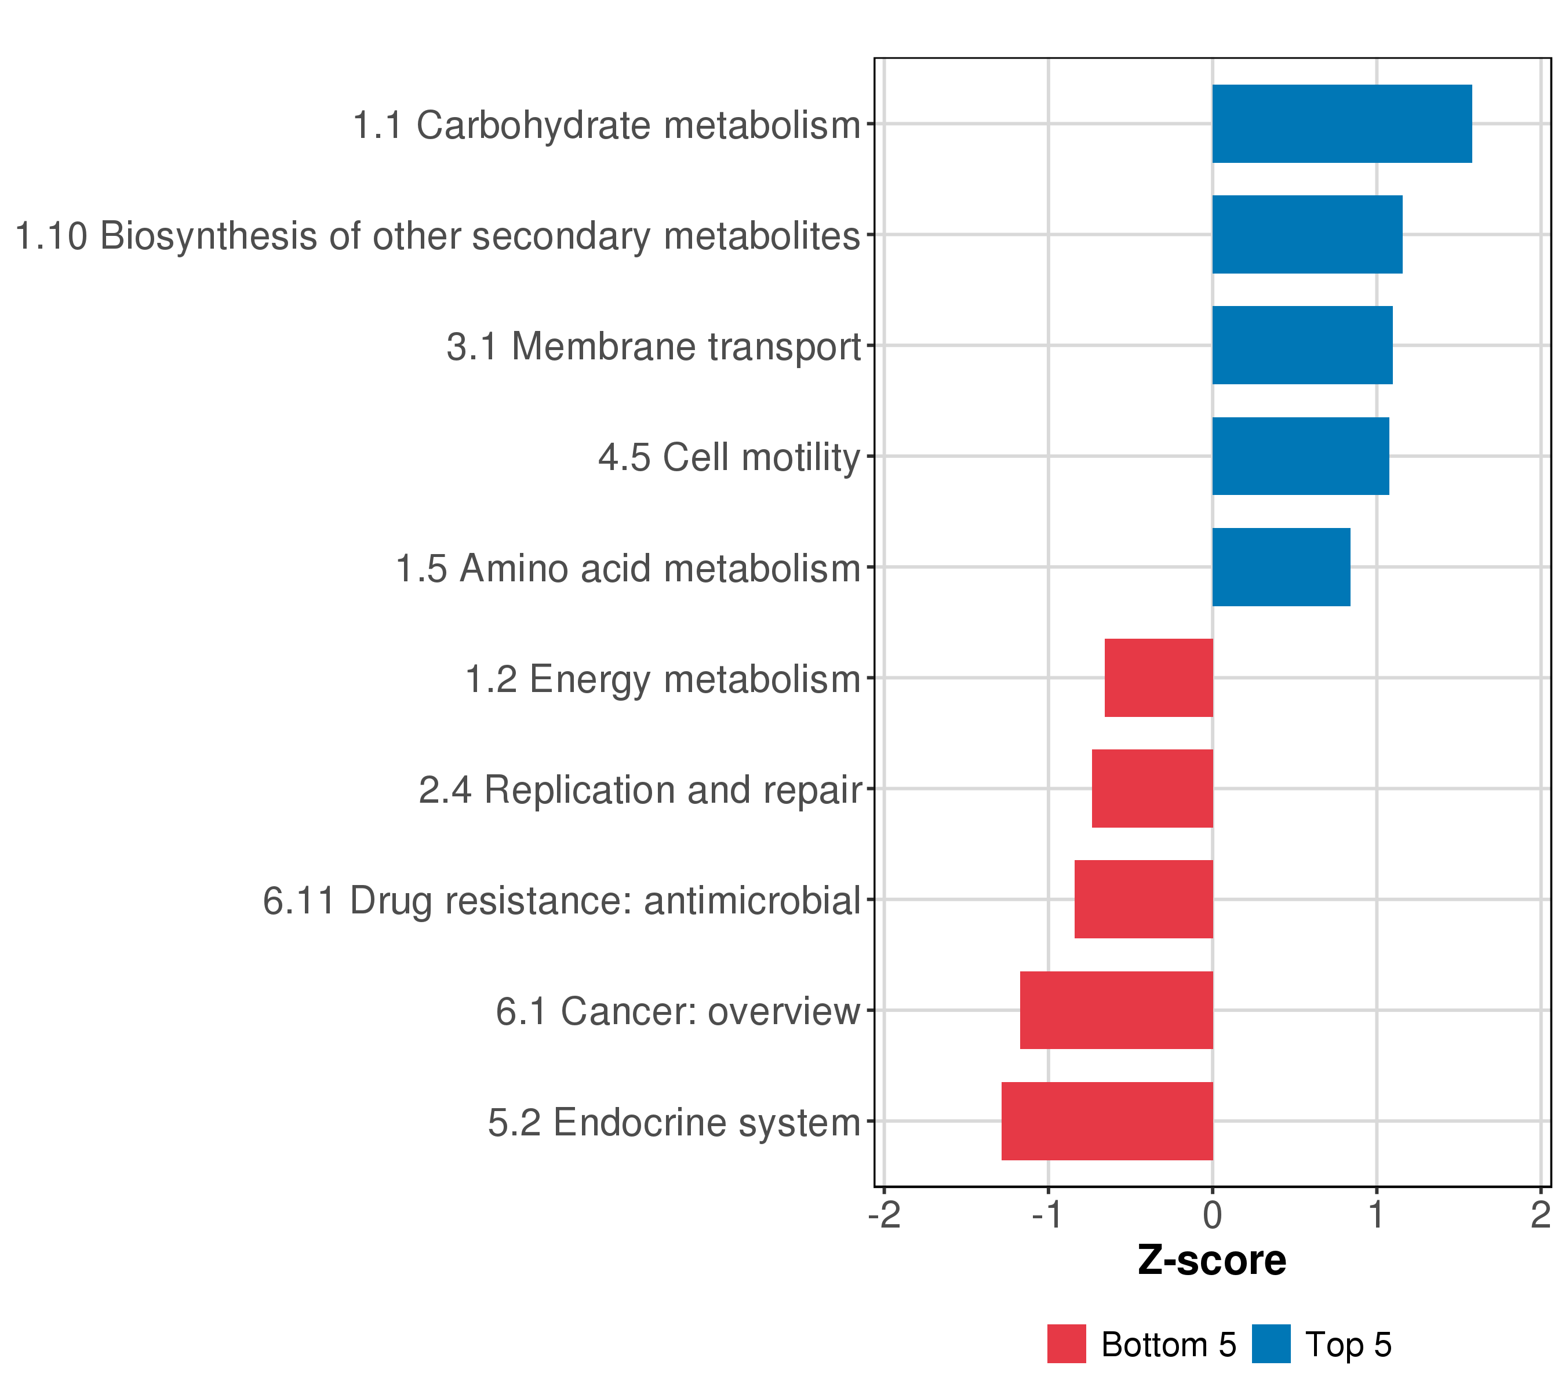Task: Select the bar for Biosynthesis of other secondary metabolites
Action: click(1307, 234)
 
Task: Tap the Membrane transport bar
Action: click(1302, 345)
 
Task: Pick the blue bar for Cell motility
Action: click(1301, 456)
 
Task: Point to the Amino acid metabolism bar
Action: click(1281, 567)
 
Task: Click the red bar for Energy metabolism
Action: click(1159, 678)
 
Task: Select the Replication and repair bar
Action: click(1152, 788)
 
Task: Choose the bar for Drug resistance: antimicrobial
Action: click(1144, 900)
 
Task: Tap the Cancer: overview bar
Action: click(1116, 1011)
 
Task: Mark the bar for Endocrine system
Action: click(1107, 1121)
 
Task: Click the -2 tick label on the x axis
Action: click(885, 1215)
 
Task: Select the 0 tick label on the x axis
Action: click(1213, 1215)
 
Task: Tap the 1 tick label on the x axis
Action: click(1377, 1215)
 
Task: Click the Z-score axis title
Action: click(1212, 1261)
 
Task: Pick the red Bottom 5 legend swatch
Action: click(1067, 1343)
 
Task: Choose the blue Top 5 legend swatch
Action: click(1272, 1343)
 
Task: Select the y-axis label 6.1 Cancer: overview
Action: click(678, 1011)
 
